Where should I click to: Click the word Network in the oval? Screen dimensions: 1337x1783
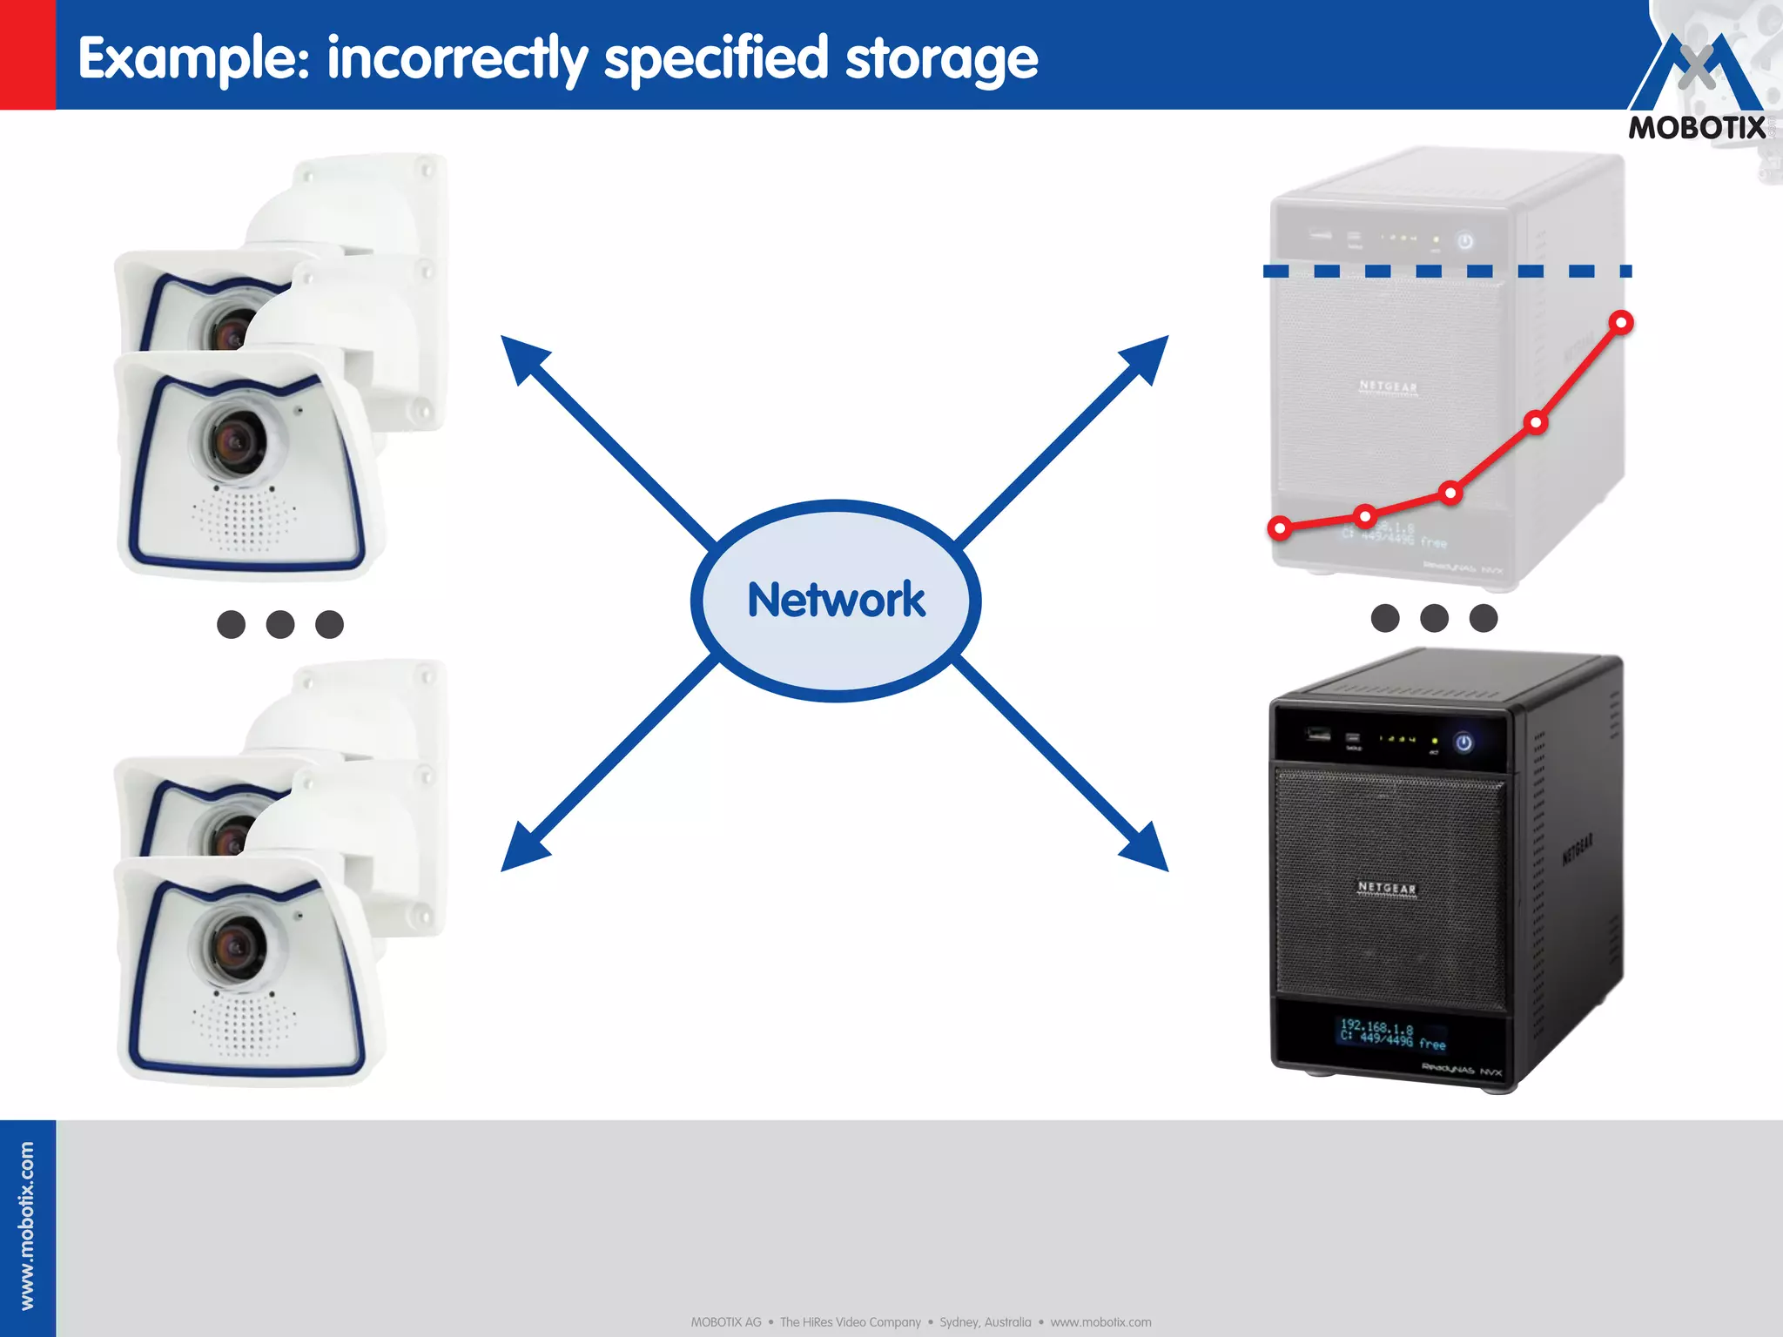[x=836, y=601]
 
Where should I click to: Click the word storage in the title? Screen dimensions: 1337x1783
[x=941, y=59]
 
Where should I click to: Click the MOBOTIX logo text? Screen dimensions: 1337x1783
[x=1697, y=128]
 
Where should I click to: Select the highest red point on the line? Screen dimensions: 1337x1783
[x=1621, y=323]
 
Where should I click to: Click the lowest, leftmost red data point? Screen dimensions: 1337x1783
[x=1280, y=527]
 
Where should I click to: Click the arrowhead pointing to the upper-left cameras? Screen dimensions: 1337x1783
[x=522, y=357]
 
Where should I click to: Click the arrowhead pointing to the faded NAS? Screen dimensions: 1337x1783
[x=1147, y=357]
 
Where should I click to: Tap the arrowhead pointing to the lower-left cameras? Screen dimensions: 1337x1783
[x=522, y=850]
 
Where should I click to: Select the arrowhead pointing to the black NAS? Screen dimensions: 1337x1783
[x=1147, y=850]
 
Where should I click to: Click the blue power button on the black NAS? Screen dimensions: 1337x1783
[x=1463, y=742]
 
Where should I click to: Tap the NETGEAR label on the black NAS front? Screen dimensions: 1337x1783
[x=1387, y=888]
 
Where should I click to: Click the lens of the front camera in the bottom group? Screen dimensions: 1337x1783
[x=235, y=947]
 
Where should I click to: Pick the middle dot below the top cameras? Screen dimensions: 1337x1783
[x=280, y=624]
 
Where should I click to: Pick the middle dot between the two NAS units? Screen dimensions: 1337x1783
[x=1434, y=618]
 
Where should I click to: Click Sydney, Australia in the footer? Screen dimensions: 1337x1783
[x=985, y=1322]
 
